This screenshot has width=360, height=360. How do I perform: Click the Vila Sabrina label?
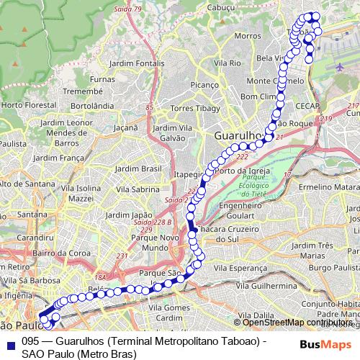point(136,189)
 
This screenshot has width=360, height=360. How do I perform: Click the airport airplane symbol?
point(340,66)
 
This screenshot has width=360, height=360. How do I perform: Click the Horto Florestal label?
point(22,105)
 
